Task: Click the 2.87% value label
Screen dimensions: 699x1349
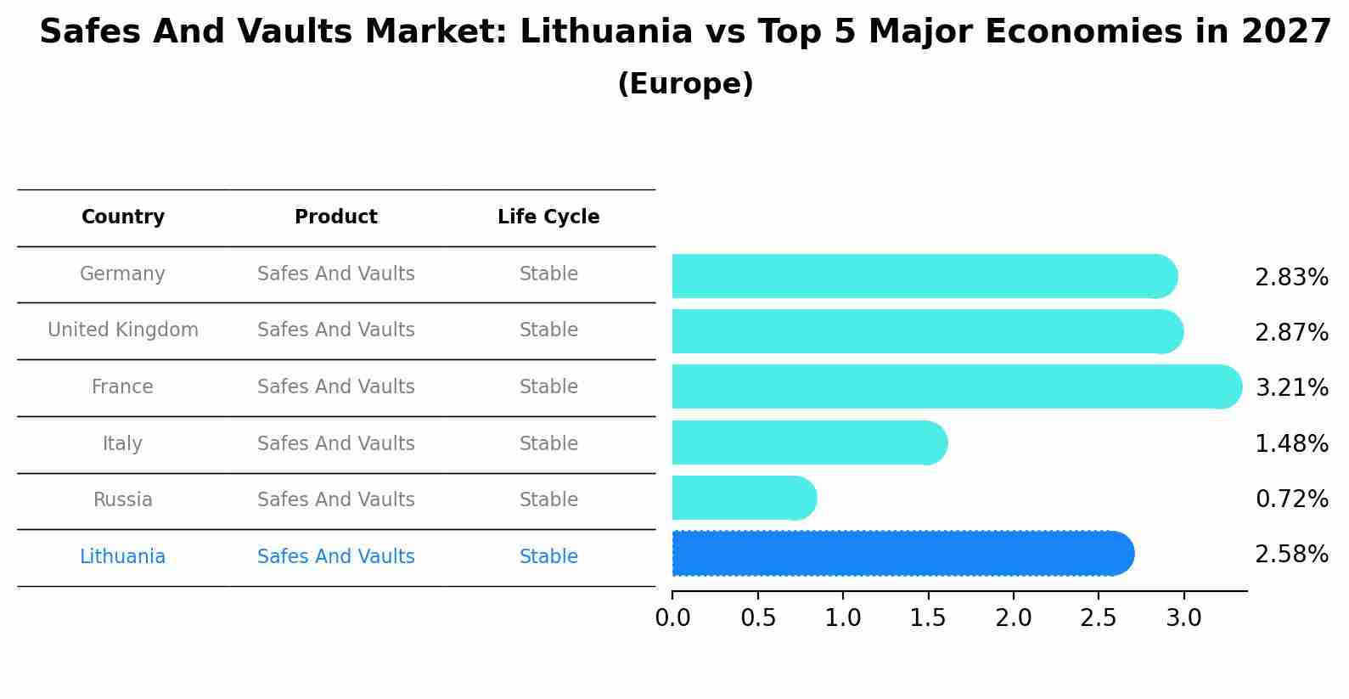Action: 1291,332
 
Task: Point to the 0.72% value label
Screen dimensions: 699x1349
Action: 1291,499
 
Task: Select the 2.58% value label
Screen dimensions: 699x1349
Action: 1291,555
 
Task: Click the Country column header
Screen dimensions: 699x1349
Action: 123,217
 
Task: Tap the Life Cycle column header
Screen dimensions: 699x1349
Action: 548,217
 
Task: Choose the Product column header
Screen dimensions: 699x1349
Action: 336,217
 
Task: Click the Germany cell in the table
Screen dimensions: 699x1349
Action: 122,274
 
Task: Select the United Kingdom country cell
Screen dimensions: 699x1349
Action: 123,330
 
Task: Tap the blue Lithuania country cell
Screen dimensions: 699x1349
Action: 122,557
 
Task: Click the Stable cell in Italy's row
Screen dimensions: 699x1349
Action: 548,443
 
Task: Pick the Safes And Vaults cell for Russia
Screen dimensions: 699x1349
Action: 336,500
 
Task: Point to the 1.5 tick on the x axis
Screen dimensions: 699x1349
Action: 928,618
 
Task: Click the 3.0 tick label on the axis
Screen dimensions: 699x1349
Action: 1183,618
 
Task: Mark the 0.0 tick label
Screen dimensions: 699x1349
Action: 672,618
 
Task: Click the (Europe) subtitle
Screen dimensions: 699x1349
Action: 685,84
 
